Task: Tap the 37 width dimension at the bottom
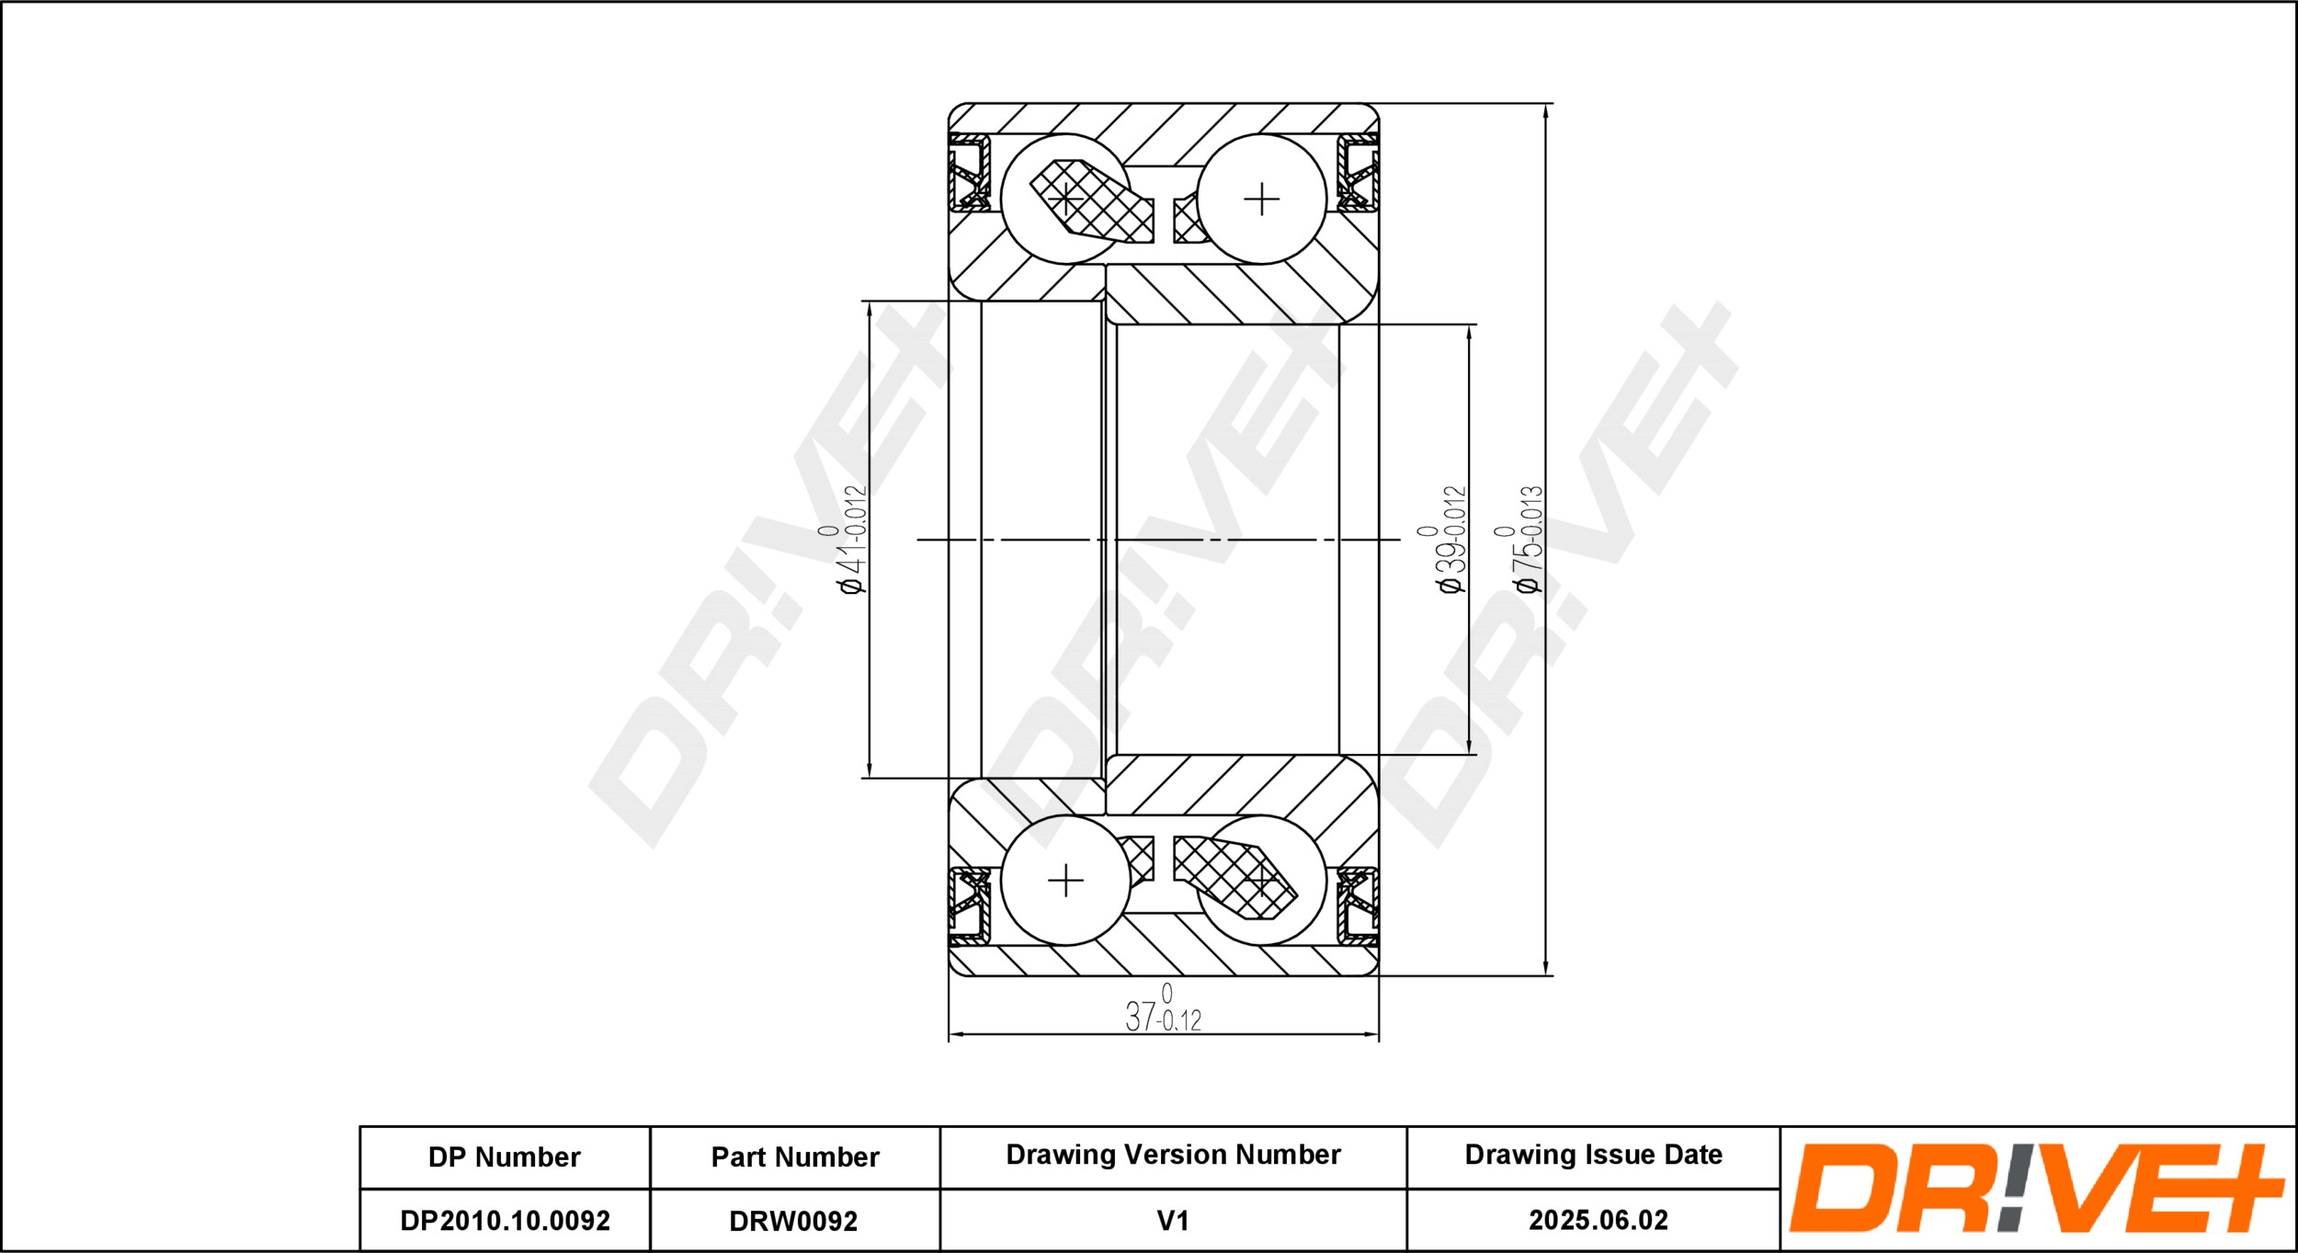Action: point(1163,1009)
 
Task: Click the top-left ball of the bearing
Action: point(1065,199)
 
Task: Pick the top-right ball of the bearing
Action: point(1261,199)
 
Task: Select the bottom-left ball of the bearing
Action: point(1065,881)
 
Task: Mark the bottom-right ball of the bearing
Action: point(1261,881)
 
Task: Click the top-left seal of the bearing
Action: point(969,172)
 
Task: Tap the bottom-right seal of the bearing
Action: point(1358,906)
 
